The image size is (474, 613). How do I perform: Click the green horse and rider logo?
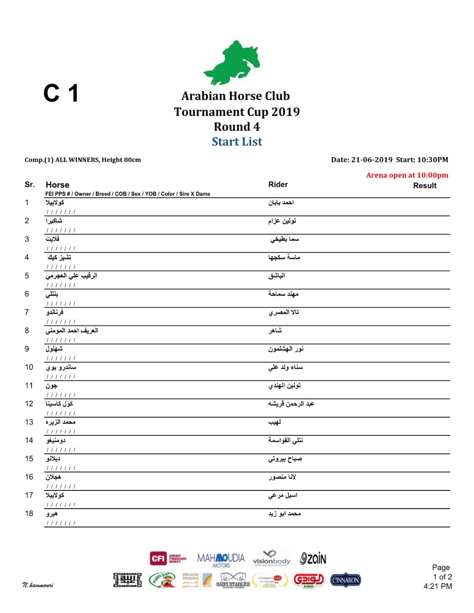(232, 63)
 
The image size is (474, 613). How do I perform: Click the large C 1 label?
(61, 93)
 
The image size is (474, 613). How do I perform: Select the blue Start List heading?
(237, 142)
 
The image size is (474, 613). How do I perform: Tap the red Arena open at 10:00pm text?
(407, 175)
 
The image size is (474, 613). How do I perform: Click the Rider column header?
(278, 184)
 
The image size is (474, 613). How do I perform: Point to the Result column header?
(425, 186)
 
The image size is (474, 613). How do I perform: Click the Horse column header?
(58, 185)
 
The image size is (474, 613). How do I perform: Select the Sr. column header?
(30, 184)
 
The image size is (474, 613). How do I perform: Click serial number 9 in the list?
(27, 349)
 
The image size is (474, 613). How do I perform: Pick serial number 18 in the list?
(29, 514)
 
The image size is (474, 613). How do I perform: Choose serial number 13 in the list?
(29, 422)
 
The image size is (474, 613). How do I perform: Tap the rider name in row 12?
(291, 404)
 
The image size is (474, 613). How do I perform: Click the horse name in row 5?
(71, 276)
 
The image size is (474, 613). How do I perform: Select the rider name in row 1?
(281, 203)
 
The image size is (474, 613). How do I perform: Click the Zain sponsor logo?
(313, 558)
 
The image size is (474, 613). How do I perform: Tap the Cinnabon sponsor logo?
(346, 580)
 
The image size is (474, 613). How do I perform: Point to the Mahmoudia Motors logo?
(221, 559)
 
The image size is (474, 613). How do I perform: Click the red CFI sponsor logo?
(168, 558)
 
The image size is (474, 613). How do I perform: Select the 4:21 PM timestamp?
(438, 586)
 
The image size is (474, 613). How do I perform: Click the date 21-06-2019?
(371, 160)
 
